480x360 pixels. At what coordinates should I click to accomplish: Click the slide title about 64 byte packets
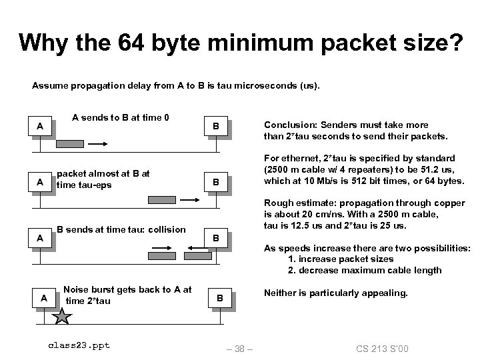click(x=240, y=43)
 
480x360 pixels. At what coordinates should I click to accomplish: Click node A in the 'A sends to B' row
click(x=41, y=126)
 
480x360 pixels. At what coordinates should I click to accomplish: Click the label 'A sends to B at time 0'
click(x=120, y=118)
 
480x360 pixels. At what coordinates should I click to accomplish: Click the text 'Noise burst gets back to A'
click(x=127, y=289)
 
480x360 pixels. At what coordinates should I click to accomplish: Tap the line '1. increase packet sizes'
click(x=341, y=259)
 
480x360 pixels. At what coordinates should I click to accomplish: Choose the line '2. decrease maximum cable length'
click(x=365, y=270)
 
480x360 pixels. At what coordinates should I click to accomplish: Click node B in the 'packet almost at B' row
click(x=215, y=181)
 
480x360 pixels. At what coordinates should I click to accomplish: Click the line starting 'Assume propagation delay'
click(x=176, y=86)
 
